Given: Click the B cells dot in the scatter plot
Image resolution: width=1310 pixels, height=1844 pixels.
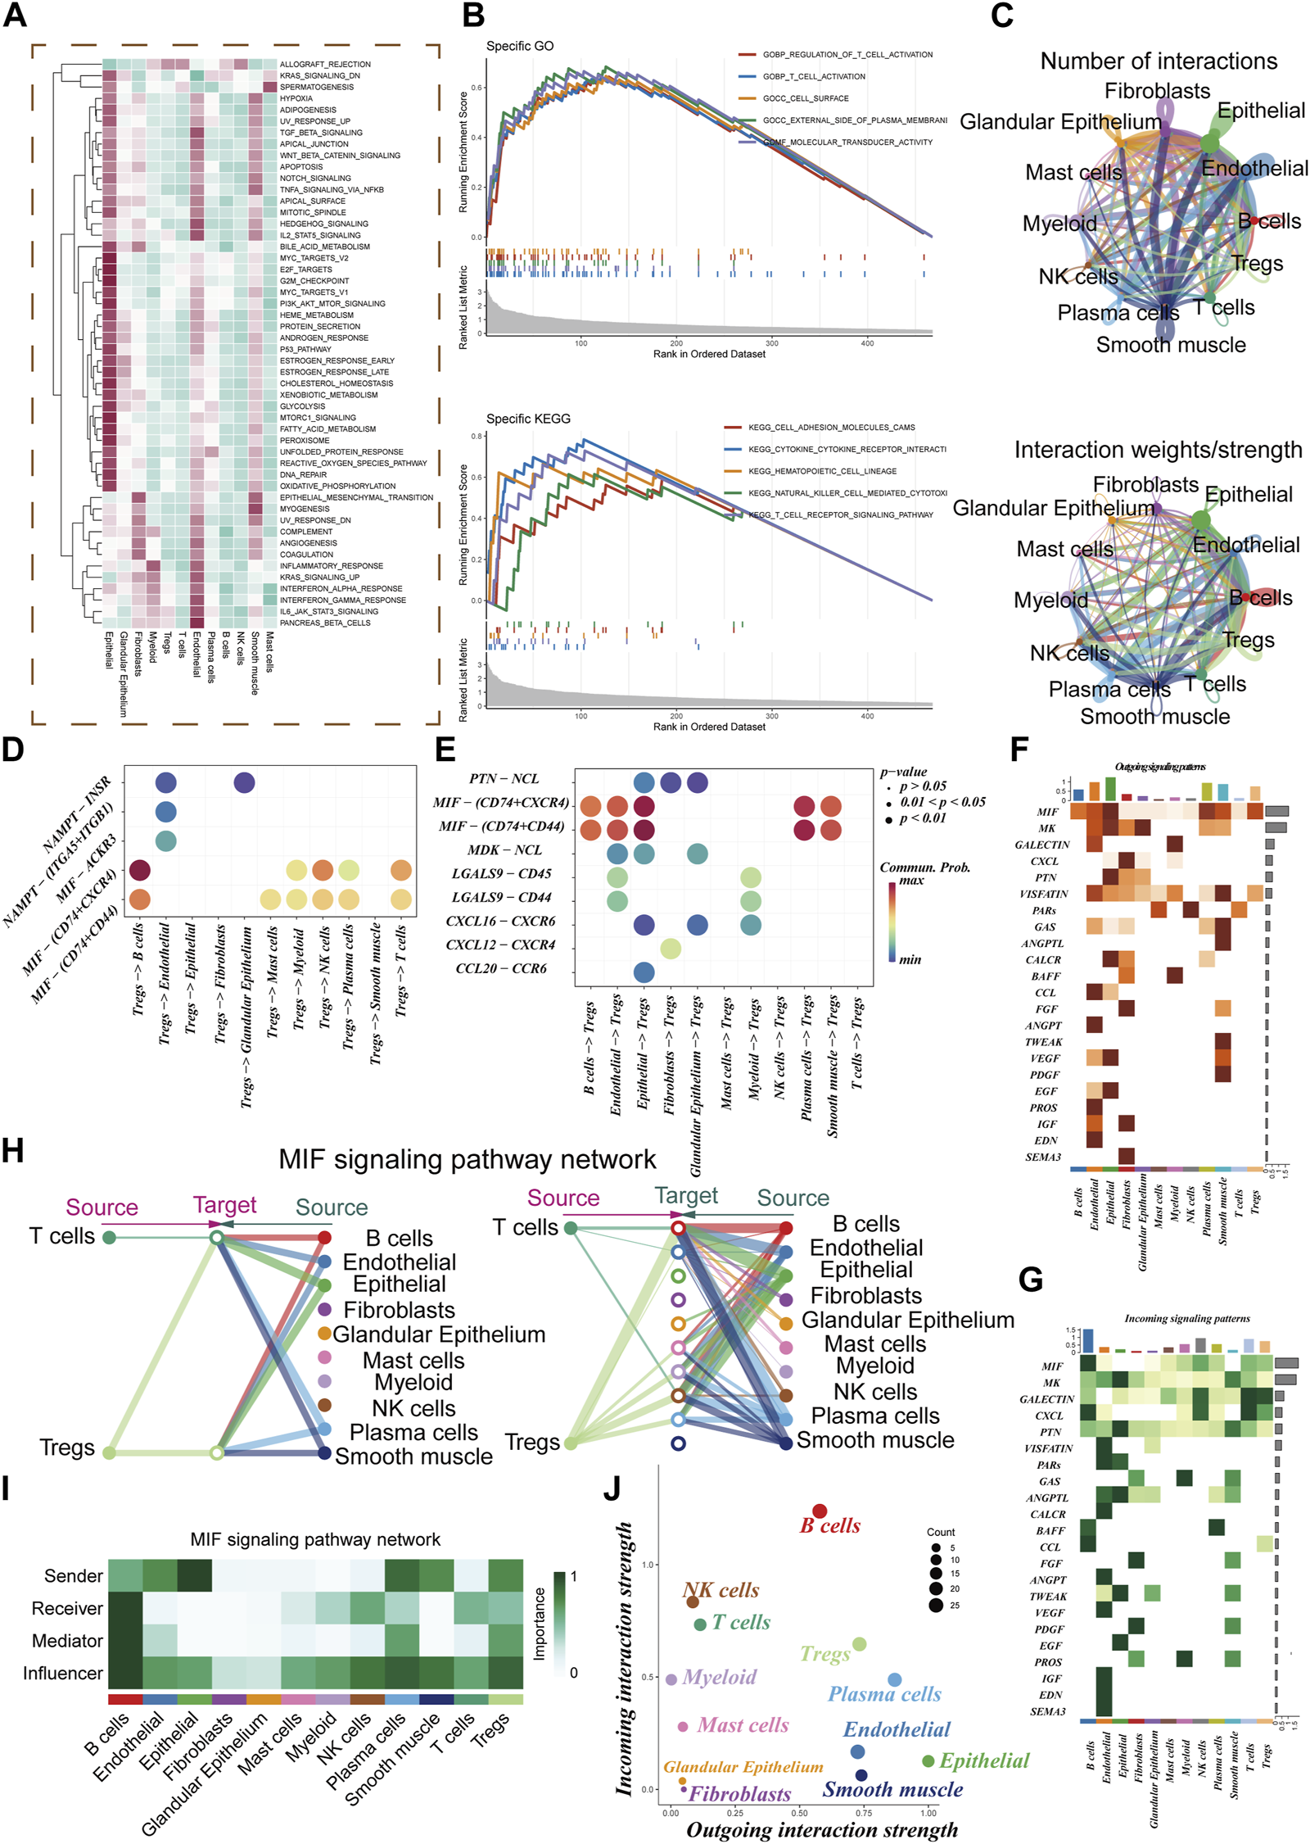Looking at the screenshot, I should pyautogui.click(x=819, y=1511).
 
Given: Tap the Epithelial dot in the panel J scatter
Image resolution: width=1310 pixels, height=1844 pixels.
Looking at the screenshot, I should pyautogui.click(x=928, y=1760).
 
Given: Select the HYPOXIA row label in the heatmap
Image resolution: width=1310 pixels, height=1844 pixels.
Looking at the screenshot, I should pyautogui.click(x=296, y=98).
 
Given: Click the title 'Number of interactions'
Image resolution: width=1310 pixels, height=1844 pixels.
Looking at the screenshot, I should pyautogui.click(x=1158, y=61).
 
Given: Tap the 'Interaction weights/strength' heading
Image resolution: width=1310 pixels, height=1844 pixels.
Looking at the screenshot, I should pyautogui.click(x=1158, y=450).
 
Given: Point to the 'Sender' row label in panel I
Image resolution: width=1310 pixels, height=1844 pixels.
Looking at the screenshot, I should pyautogui.click(x=74, y=1576).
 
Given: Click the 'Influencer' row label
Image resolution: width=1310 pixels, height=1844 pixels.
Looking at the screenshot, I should pyautogui.click(x=63, y=1673).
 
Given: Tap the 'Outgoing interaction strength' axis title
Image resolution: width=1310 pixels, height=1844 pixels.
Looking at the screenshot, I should pyautogui.click(x=821, y=1830).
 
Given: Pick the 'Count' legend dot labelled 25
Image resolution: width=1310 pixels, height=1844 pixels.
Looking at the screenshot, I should pyautogui.click(x=936, y=1605).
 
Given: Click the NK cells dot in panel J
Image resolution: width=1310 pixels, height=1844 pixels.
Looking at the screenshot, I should pyautogui.click(x=692, y=1602).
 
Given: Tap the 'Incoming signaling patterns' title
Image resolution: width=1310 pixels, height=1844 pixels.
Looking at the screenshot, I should pyautogui.click(x=1186, y=1318).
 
